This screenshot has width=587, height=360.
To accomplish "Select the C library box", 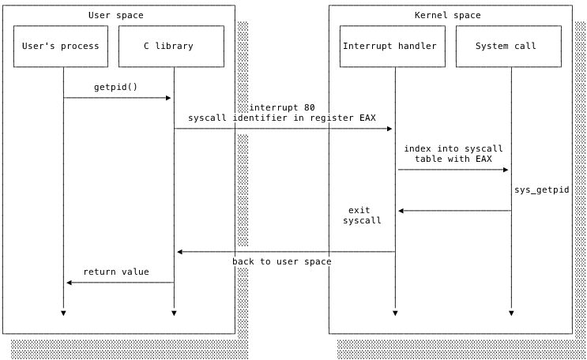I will click(x=168, y=46).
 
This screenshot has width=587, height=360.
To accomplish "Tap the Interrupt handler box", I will click(x=389, y=46).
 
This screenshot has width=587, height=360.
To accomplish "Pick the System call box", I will click(x=506, y=46).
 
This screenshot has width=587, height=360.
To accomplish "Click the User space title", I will click(x=116, y=15).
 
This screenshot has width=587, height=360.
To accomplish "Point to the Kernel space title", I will click(x=447, y=15).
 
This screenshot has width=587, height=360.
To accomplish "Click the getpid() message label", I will click(x=115, y=87).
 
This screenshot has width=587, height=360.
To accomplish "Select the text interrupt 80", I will click(x=282, y=107).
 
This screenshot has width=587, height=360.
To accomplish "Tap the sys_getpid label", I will click(x=541, y=190).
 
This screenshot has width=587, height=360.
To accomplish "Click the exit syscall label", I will click(x=361, y=216).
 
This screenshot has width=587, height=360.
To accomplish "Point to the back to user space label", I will click(x=282, y=261).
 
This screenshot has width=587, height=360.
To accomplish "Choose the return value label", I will click(x=116, y=272).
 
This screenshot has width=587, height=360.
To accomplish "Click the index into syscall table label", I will click(x=453, y=153).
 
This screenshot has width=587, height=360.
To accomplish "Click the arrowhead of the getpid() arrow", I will click(x=168, y=98).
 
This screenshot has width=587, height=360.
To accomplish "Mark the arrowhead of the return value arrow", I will click(x=70, y=283).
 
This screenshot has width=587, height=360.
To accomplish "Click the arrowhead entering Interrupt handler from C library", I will click(x=389, y=129).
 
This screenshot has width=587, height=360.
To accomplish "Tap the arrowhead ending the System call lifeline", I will click(x=511, y=313).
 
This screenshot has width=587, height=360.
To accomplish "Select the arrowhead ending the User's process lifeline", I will click(x=63, y=313).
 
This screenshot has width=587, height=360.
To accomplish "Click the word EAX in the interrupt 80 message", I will click(x=367, y=118).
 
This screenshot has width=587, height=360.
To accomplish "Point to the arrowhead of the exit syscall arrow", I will click(x=401, y=211).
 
